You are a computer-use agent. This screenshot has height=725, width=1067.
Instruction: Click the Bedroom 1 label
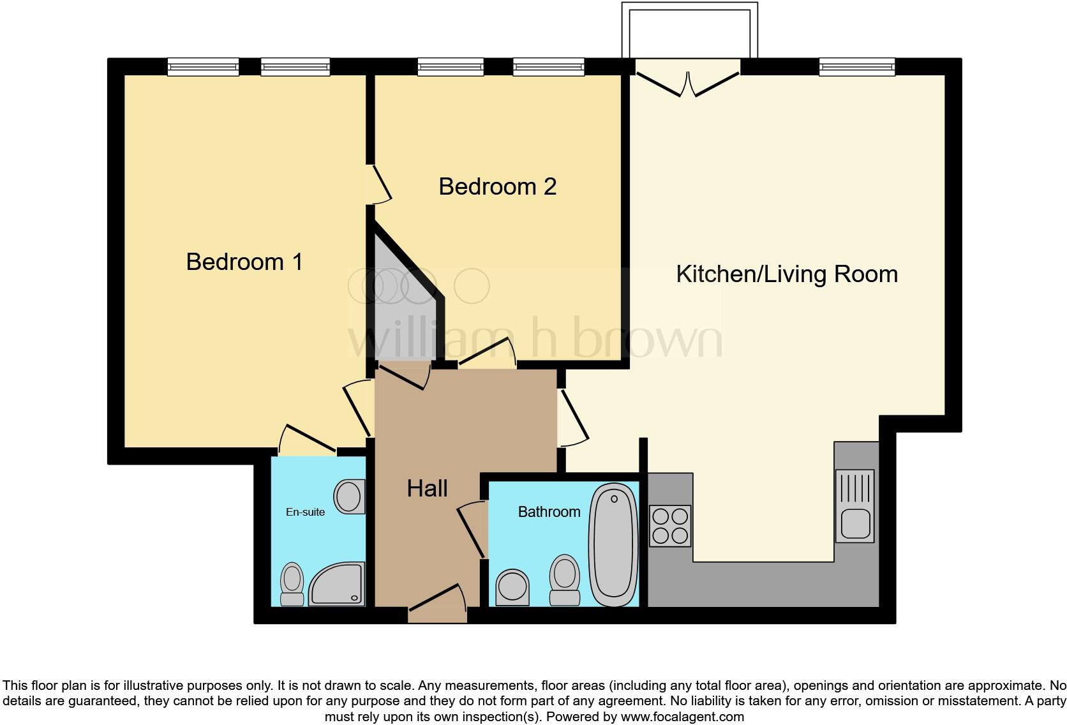[x=244, y=262]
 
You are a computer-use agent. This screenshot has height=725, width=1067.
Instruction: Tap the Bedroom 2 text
[x=497, y=186]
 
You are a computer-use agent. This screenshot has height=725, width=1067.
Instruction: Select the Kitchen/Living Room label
[x=786, y=274]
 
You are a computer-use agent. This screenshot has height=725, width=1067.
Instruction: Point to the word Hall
[x=427, y=488]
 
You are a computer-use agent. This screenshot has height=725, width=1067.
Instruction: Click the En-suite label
[x=305, y=512]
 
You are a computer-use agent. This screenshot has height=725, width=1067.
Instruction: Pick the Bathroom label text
[x=549, y=512]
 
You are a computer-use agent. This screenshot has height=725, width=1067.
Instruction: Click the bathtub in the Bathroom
[x=613, y=545]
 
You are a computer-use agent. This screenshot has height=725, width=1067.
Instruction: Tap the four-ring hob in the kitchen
[x=670, y=525]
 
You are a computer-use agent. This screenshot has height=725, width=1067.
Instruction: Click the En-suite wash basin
[x=349, y=497]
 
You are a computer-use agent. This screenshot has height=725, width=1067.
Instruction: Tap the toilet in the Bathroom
[x=565, y=579]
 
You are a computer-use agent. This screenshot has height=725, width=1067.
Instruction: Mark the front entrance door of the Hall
[x=438, y=606]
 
